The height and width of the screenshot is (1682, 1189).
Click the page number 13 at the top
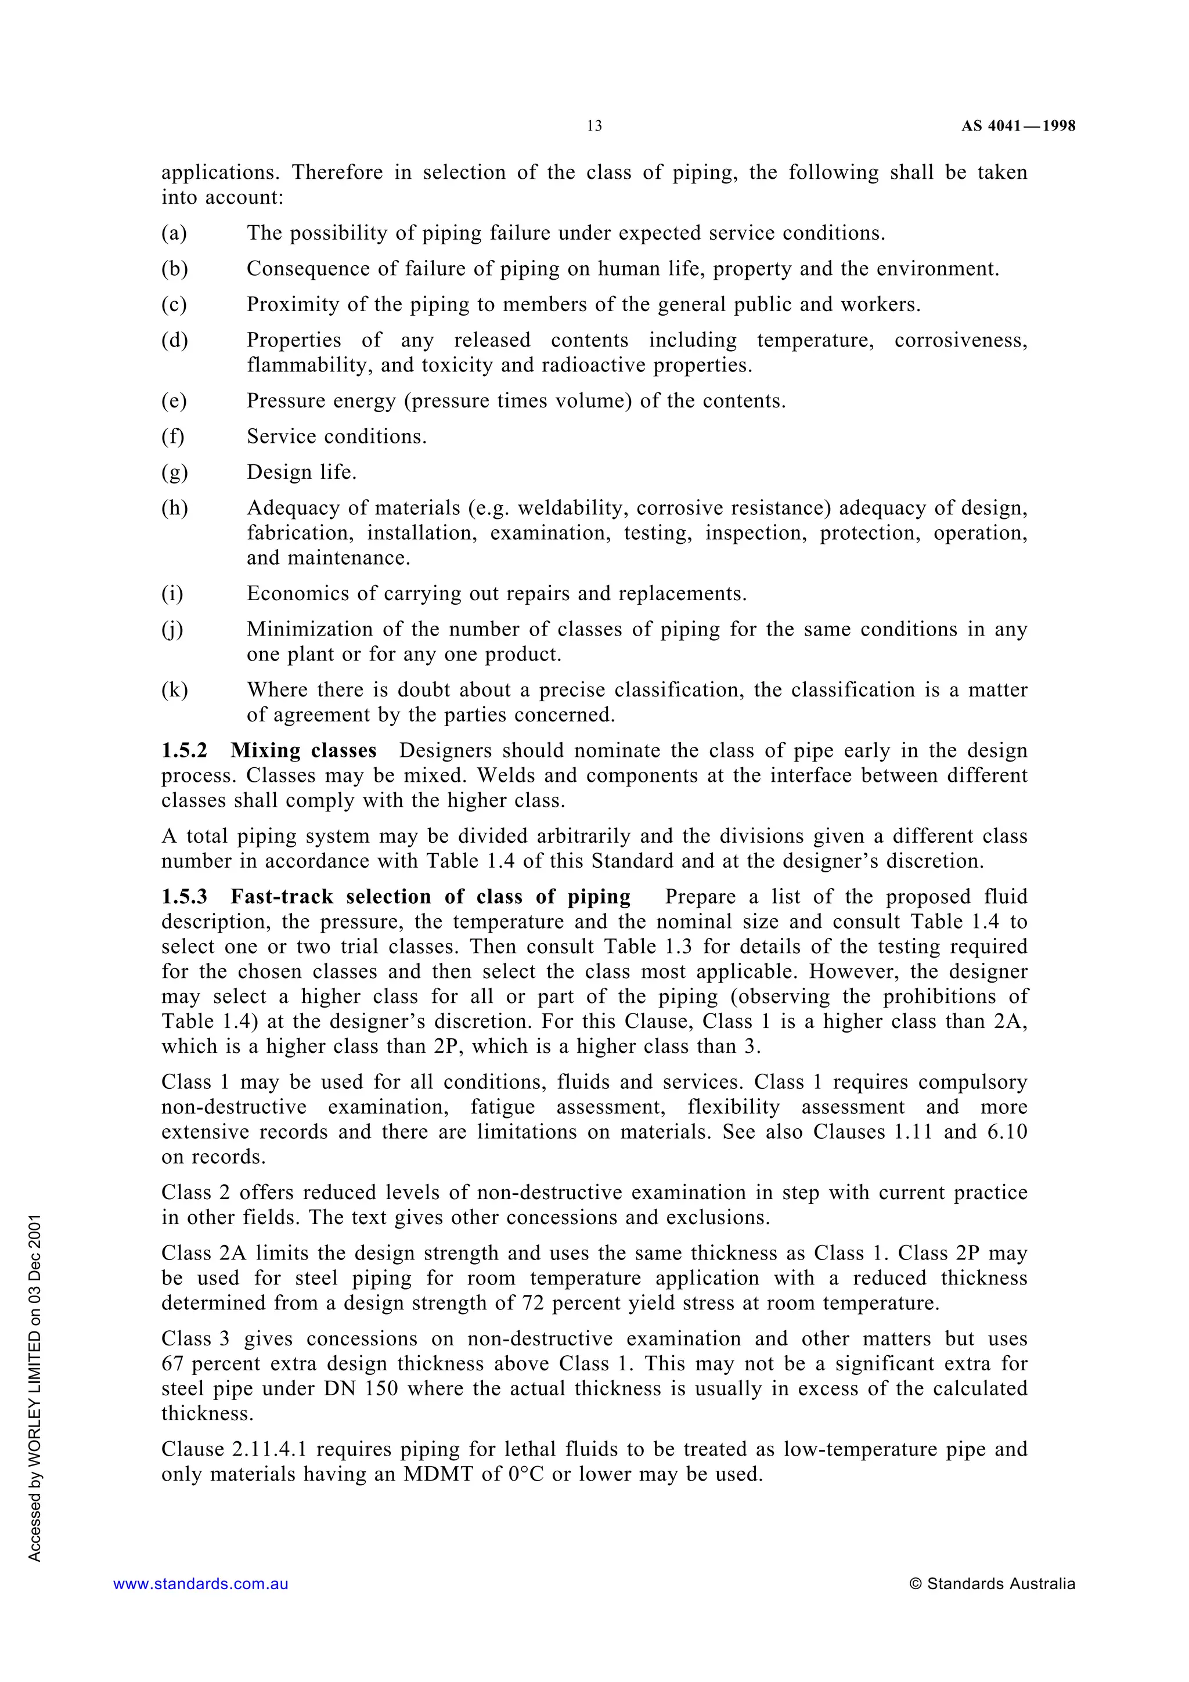pyautogui.click(x=594, y=126)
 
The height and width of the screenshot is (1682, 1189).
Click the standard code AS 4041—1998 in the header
pyautogui.click(x=1018, y=126)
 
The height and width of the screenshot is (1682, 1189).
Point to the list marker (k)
pyautogui.click(x=174, y=690)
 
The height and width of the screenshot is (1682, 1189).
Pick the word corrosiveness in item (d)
pyautogui.click(x=960, y=341)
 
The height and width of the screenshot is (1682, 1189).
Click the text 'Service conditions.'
pyautogui.click(x=336, y=436)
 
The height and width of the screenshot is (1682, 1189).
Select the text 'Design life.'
pyautogui.click(x=301, y=472)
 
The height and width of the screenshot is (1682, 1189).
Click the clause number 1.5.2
pyautogui.click(x=185, y=751)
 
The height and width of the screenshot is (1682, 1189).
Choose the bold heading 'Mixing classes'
pyautogui.click(x=303, y=751)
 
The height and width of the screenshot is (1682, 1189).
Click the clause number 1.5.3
pyautogui.click(x=185, y=897)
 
